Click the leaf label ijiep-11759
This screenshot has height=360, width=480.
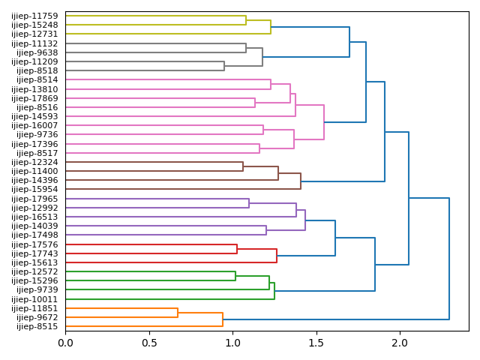point(35,16)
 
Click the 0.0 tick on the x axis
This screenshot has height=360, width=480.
point(65,342)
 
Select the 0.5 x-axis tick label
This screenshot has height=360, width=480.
point(149,342)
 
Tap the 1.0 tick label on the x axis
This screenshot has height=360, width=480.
point(232,342)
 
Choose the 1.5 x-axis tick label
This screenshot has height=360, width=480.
point(316,342)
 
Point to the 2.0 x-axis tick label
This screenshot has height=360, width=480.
point(400,342)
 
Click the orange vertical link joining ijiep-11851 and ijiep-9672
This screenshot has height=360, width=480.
point(178,313)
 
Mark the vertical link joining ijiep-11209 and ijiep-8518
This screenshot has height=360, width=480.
point(224,66)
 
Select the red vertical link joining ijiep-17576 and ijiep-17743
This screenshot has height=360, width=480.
point(237,249)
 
